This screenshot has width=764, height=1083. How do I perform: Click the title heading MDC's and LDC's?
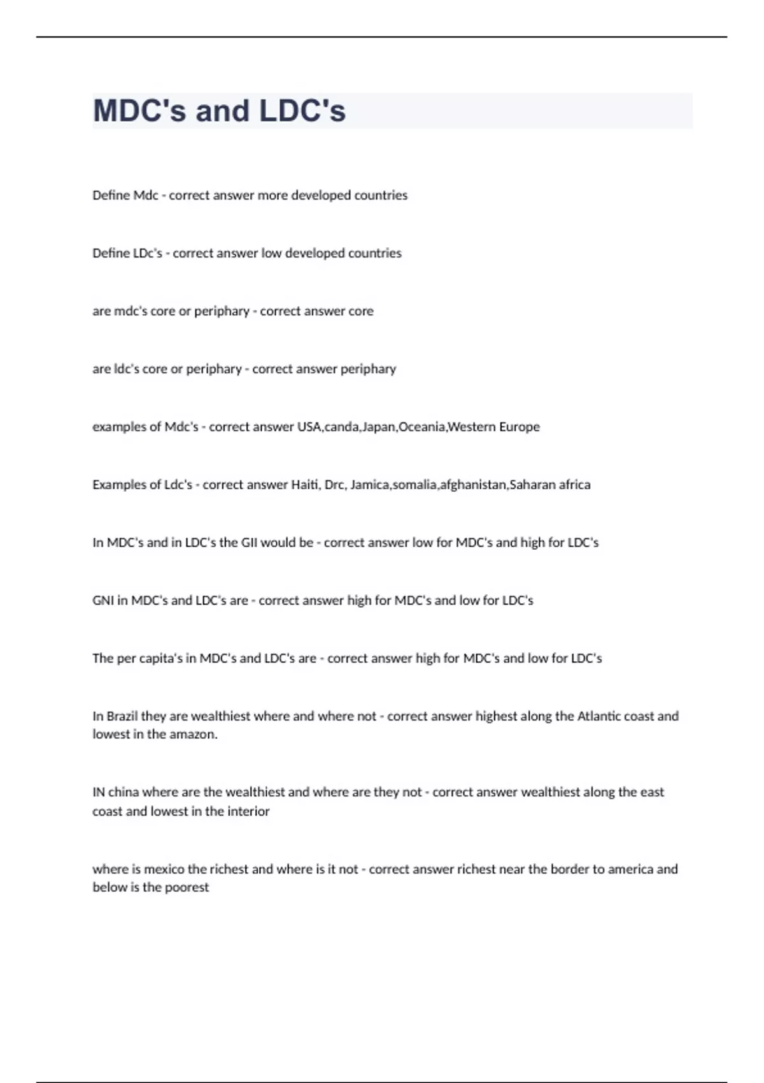[219, 111]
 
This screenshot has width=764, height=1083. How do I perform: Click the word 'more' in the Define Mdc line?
[272, 196]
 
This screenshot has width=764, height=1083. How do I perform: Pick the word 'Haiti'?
[306, 485]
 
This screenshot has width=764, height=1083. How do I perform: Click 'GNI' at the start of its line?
[103, 601]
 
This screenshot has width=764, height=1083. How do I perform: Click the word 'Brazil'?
[122, 716]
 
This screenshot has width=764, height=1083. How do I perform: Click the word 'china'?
[123, 793]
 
